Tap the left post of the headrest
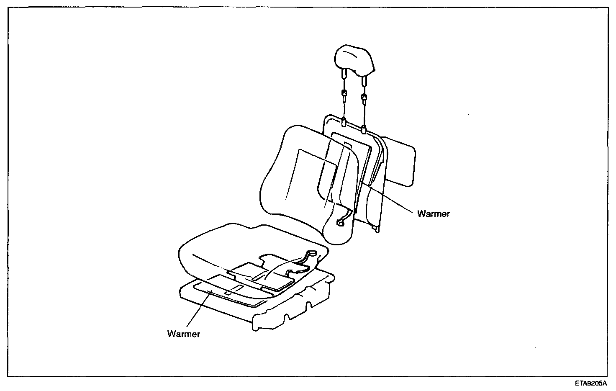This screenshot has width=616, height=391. pos(344,75)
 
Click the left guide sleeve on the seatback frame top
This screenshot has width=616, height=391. pos(344,122)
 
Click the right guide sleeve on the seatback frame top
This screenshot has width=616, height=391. pos(364,128)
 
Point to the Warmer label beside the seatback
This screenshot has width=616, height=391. pos(433,214)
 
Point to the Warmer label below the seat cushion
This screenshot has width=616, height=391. pos(184,334)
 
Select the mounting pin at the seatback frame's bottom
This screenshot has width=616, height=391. pos(377,229)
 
